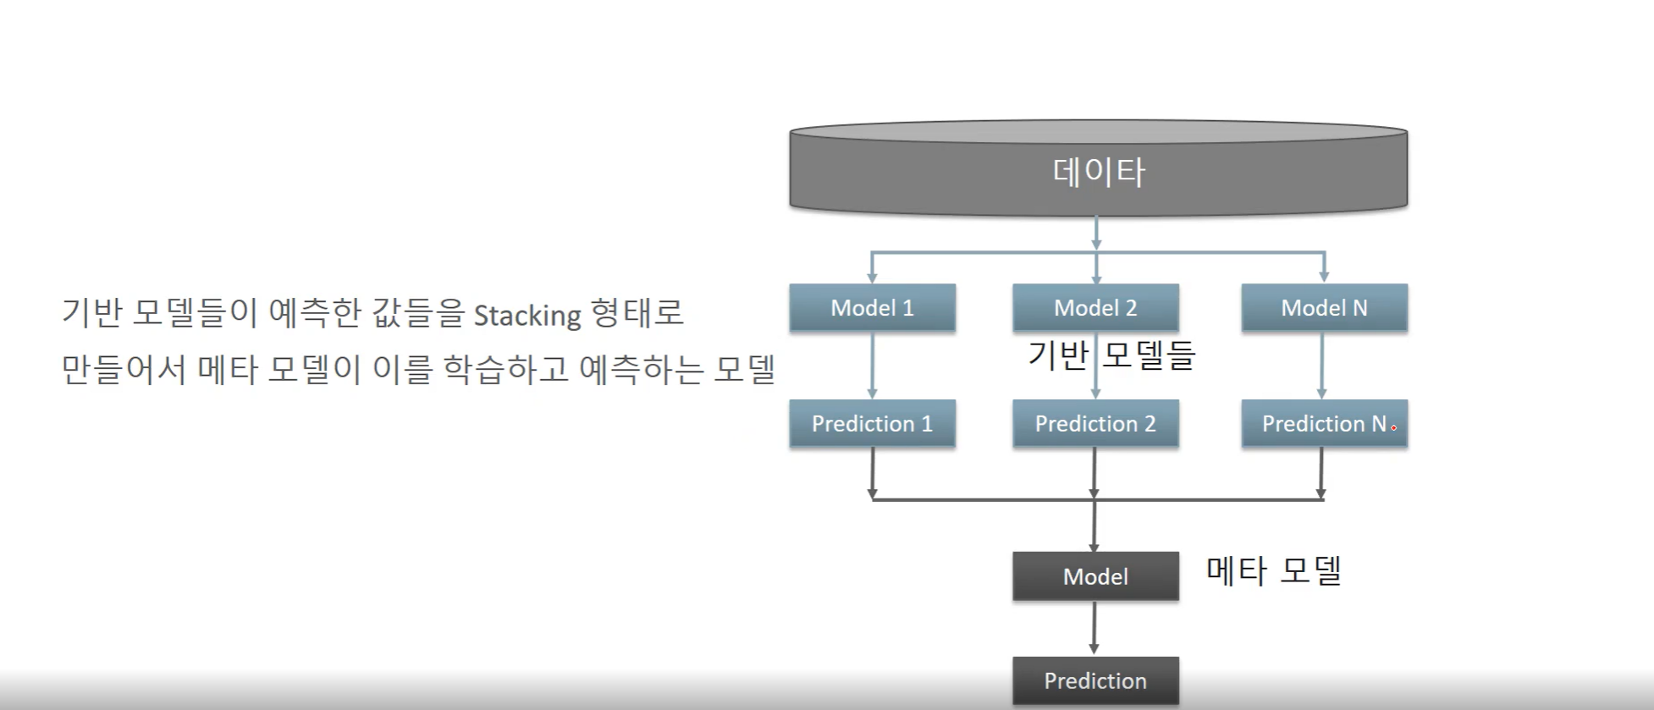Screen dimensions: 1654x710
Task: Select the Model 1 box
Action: pyautogui.click(x=872, y=307)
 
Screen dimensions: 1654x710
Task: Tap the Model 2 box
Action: pyautogui.click(x=1095, y=307)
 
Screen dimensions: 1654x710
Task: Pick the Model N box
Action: pyautogui.click(x=1324, y=307)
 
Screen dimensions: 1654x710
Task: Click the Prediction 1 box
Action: pyautogui.click(x=872, y=423)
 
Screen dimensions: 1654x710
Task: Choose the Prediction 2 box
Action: pyautogui.click(x=1095, y=423)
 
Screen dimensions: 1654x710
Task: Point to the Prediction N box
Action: pyautogui.click(x=1324, y=423)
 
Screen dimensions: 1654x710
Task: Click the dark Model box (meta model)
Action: pyautogui.click(x=1095, y=576)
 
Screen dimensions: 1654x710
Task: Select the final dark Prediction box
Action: pyautogui.click(x=1095, y=680)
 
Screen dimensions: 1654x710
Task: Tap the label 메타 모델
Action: pyautogui.click(x=1274, y=570)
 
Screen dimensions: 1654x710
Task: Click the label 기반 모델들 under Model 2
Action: pyautogui.click(x=1111, y=355)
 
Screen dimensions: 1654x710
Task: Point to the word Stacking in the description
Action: pyautogui.click(x=527, y=316)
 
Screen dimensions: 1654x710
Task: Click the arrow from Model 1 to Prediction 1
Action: pyautogui.click(x=872, y=366)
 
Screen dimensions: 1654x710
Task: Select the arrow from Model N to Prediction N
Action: pyautogui.click(x=1322, y=366)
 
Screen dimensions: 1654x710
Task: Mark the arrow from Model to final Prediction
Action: pyautogui.click(x=1094, y=629)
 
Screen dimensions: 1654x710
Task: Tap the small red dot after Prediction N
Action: pyautogui.click(x=1393, y=428)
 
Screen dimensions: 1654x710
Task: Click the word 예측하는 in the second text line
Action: pyautogui.click(x=641, y=370)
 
